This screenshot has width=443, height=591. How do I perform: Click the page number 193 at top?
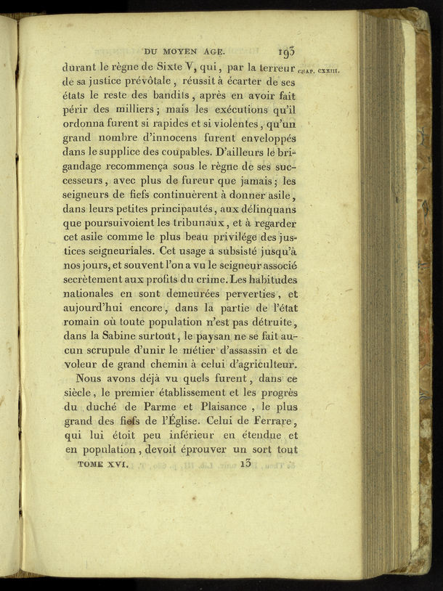click(x=285, y=52)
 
